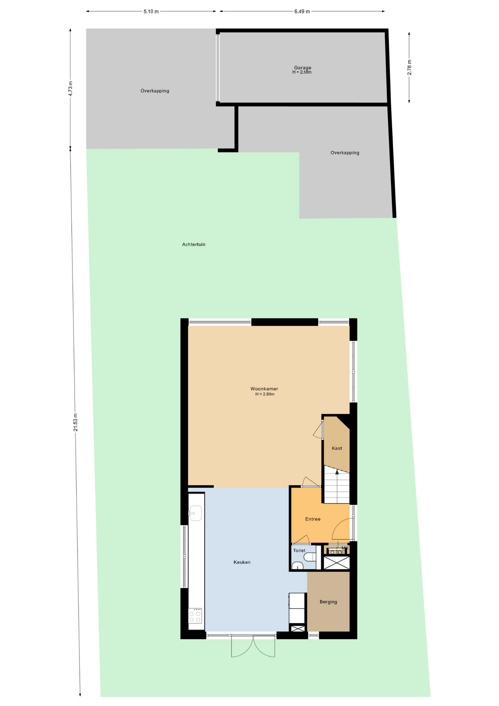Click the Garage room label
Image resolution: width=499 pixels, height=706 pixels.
tap(302, 68)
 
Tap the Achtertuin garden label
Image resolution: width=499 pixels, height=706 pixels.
tap(194, 245)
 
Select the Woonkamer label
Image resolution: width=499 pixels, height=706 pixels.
tap(264, 389)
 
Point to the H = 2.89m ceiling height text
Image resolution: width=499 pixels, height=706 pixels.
tap(265, 394)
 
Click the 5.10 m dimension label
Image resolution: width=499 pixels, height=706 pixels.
tap(151, 11)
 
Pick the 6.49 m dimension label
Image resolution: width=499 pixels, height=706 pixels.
tap(302, 11)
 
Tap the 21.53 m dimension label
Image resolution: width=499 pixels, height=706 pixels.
tap(75, 422)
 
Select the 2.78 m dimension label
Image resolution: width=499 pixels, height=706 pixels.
tap(409, 67)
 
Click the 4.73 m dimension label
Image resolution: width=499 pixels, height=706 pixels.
tap(71, 89)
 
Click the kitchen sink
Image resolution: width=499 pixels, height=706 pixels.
tap(195, 513)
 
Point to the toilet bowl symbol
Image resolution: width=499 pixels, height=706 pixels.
tap(310, 557)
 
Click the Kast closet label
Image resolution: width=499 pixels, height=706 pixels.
tap(337, 448)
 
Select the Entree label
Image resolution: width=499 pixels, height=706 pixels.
tap(313, 519)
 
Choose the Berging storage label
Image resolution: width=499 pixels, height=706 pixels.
tap(328, 602)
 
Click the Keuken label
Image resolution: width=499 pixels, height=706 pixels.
tap(242, 562)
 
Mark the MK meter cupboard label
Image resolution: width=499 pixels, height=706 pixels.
tap(345, 548)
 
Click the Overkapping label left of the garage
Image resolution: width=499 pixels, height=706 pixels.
tap(155, 91)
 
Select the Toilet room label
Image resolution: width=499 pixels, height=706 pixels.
tap(299, 550)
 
